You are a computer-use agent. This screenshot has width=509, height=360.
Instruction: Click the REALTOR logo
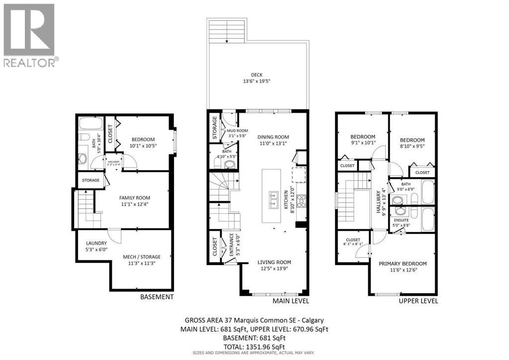[30, 35]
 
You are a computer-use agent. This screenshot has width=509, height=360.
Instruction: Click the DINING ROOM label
[273, 137]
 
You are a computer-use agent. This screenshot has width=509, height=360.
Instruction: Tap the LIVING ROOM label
[274, 262]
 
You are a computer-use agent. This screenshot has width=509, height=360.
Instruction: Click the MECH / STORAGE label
[143, 257]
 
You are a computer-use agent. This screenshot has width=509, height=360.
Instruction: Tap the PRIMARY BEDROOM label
[403, 264]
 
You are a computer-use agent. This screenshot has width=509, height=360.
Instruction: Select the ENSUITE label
[402, 219]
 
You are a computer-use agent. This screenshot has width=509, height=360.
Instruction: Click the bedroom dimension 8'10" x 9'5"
[413, 147]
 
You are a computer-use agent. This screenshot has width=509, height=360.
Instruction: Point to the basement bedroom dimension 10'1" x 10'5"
[143, 146]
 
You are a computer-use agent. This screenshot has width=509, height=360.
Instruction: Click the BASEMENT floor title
[157, 297]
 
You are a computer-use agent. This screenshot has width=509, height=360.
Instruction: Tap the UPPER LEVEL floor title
[419, 301]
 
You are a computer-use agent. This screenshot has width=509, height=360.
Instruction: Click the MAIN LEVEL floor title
[291, 301]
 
